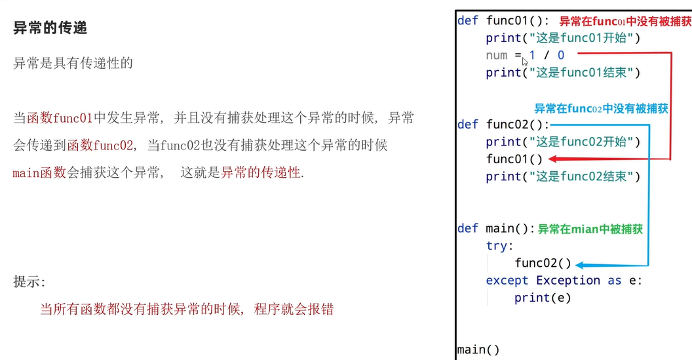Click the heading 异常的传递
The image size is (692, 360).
(50, 28)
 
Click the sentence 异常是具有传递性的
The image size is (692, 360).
(73, 63)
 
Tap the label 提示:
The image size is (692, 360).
(30, 282)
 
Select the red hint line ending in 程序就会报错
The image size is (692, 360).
(187, 309)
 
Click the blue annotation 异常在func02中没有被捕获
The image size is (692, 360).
(601, 109)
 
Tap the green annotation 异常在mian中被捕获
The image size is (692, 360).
(590, 229)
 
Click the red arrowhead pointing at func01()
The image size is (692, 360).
(552, 159)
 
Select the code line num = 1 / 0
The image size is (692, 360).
(525, 56)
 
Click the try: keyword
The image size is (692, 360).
(500, 246)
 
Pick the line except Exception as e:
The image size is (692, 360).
(564, 281)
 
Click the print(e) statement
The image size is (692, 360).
(543, 298)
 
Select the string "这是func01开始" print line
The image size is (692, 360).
(563, 38)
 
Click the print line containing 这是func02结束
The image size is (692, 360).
(563, 176)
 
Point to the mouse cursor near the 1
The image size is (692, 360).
(525, 61)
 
